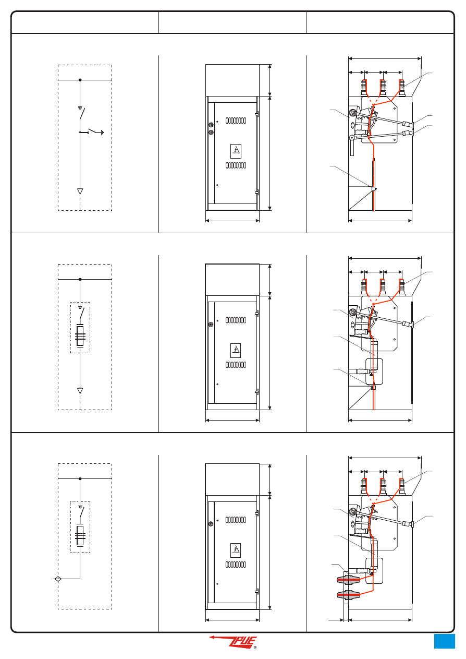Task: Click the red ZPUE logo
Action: click(x=233, y=642)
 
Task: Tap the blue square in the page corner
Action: click(x=444, y=641)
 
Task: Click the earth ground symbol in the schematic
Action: click(x=102, y=133)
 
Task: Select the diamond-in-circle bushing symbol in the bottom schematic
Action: click(x=58, y=579)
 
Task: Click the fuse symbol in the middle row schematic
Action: click(x=80, y=336)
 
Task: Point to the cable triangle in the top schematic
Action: click(x=80, y=191)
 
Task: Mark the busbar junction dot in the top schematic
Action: click(x=80, y=80)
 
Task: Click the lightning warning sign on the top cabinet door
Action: click(x=236, y=151)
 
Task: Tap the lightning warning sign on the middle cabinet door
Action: click(x=236, y=351)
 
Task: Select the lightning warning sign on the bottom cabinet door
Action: click(x=236, y=550)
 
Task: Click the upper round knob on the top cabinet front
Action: click(x=211, y=125)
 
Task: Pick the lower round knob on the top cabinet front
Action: click(x=211, y=133)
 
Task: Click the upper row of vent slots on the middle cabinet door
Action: click(x=236, y=320)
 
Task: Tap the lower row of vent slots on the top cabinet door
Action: click(x=236, y=165)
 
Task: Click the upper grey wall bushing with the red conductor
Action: click(x=349, y=580)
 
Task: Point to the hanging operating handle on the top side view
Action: click(x=352, y=147)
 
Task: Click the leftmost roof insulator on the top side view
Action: click(x=364, y=88)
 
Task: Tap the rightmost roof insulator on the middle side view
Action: click(x=402, y=287)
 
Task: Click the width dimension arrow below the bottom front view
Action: click(x=232, y=620)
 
